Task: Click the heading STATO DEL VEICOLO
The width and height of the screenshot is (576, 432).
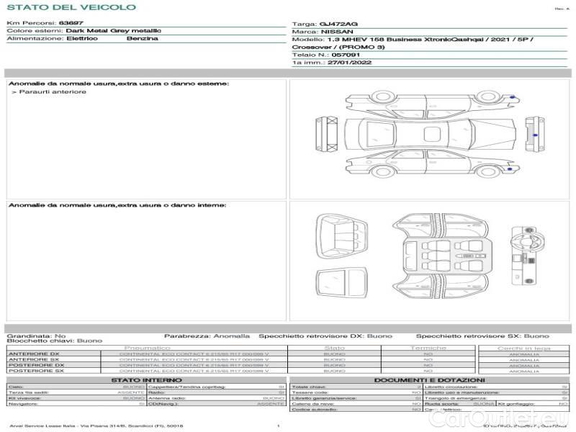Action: tap(71, 7)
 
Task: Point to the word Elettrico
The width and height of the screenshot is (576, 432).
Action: tap(81, 38)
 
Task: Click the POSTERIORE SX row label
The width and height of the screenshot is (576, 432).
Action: tap(35, 371)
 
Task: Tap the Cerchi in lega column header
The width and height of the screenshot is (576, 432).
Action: tap(523, 348)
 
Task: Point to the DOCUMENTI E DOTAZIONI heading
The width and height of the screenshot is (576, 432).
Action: tap(429, 380)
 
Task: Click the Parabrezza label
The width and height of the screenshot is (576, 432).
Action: tap(185, 336)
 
